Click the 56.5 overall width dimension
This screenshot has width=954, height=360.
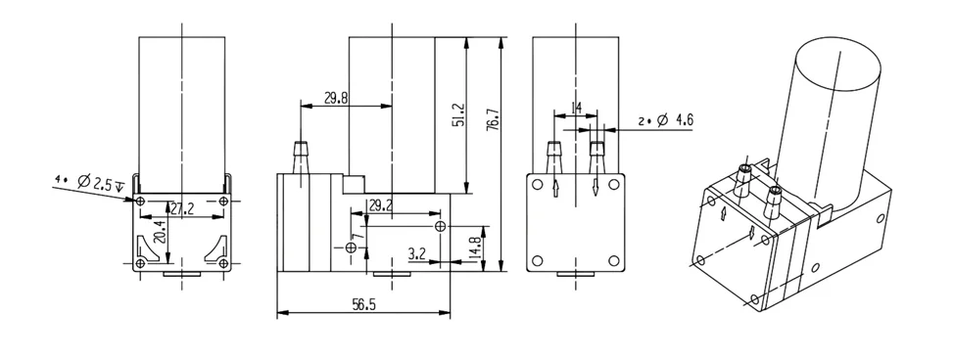click(x=363, y=304)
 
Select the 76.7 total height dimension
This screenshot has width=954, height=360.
click(x=494, y=119)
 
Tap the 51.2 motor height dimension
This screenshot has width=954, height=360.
click(x=458, y=114)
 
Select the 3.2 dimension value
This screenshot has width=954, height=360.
click(x=417, y=254)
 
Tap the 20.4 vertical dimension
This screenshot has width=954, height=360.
click(x=159, y=232)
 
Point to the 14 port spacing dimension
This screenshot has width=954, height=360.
click(x=576, y=109)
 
